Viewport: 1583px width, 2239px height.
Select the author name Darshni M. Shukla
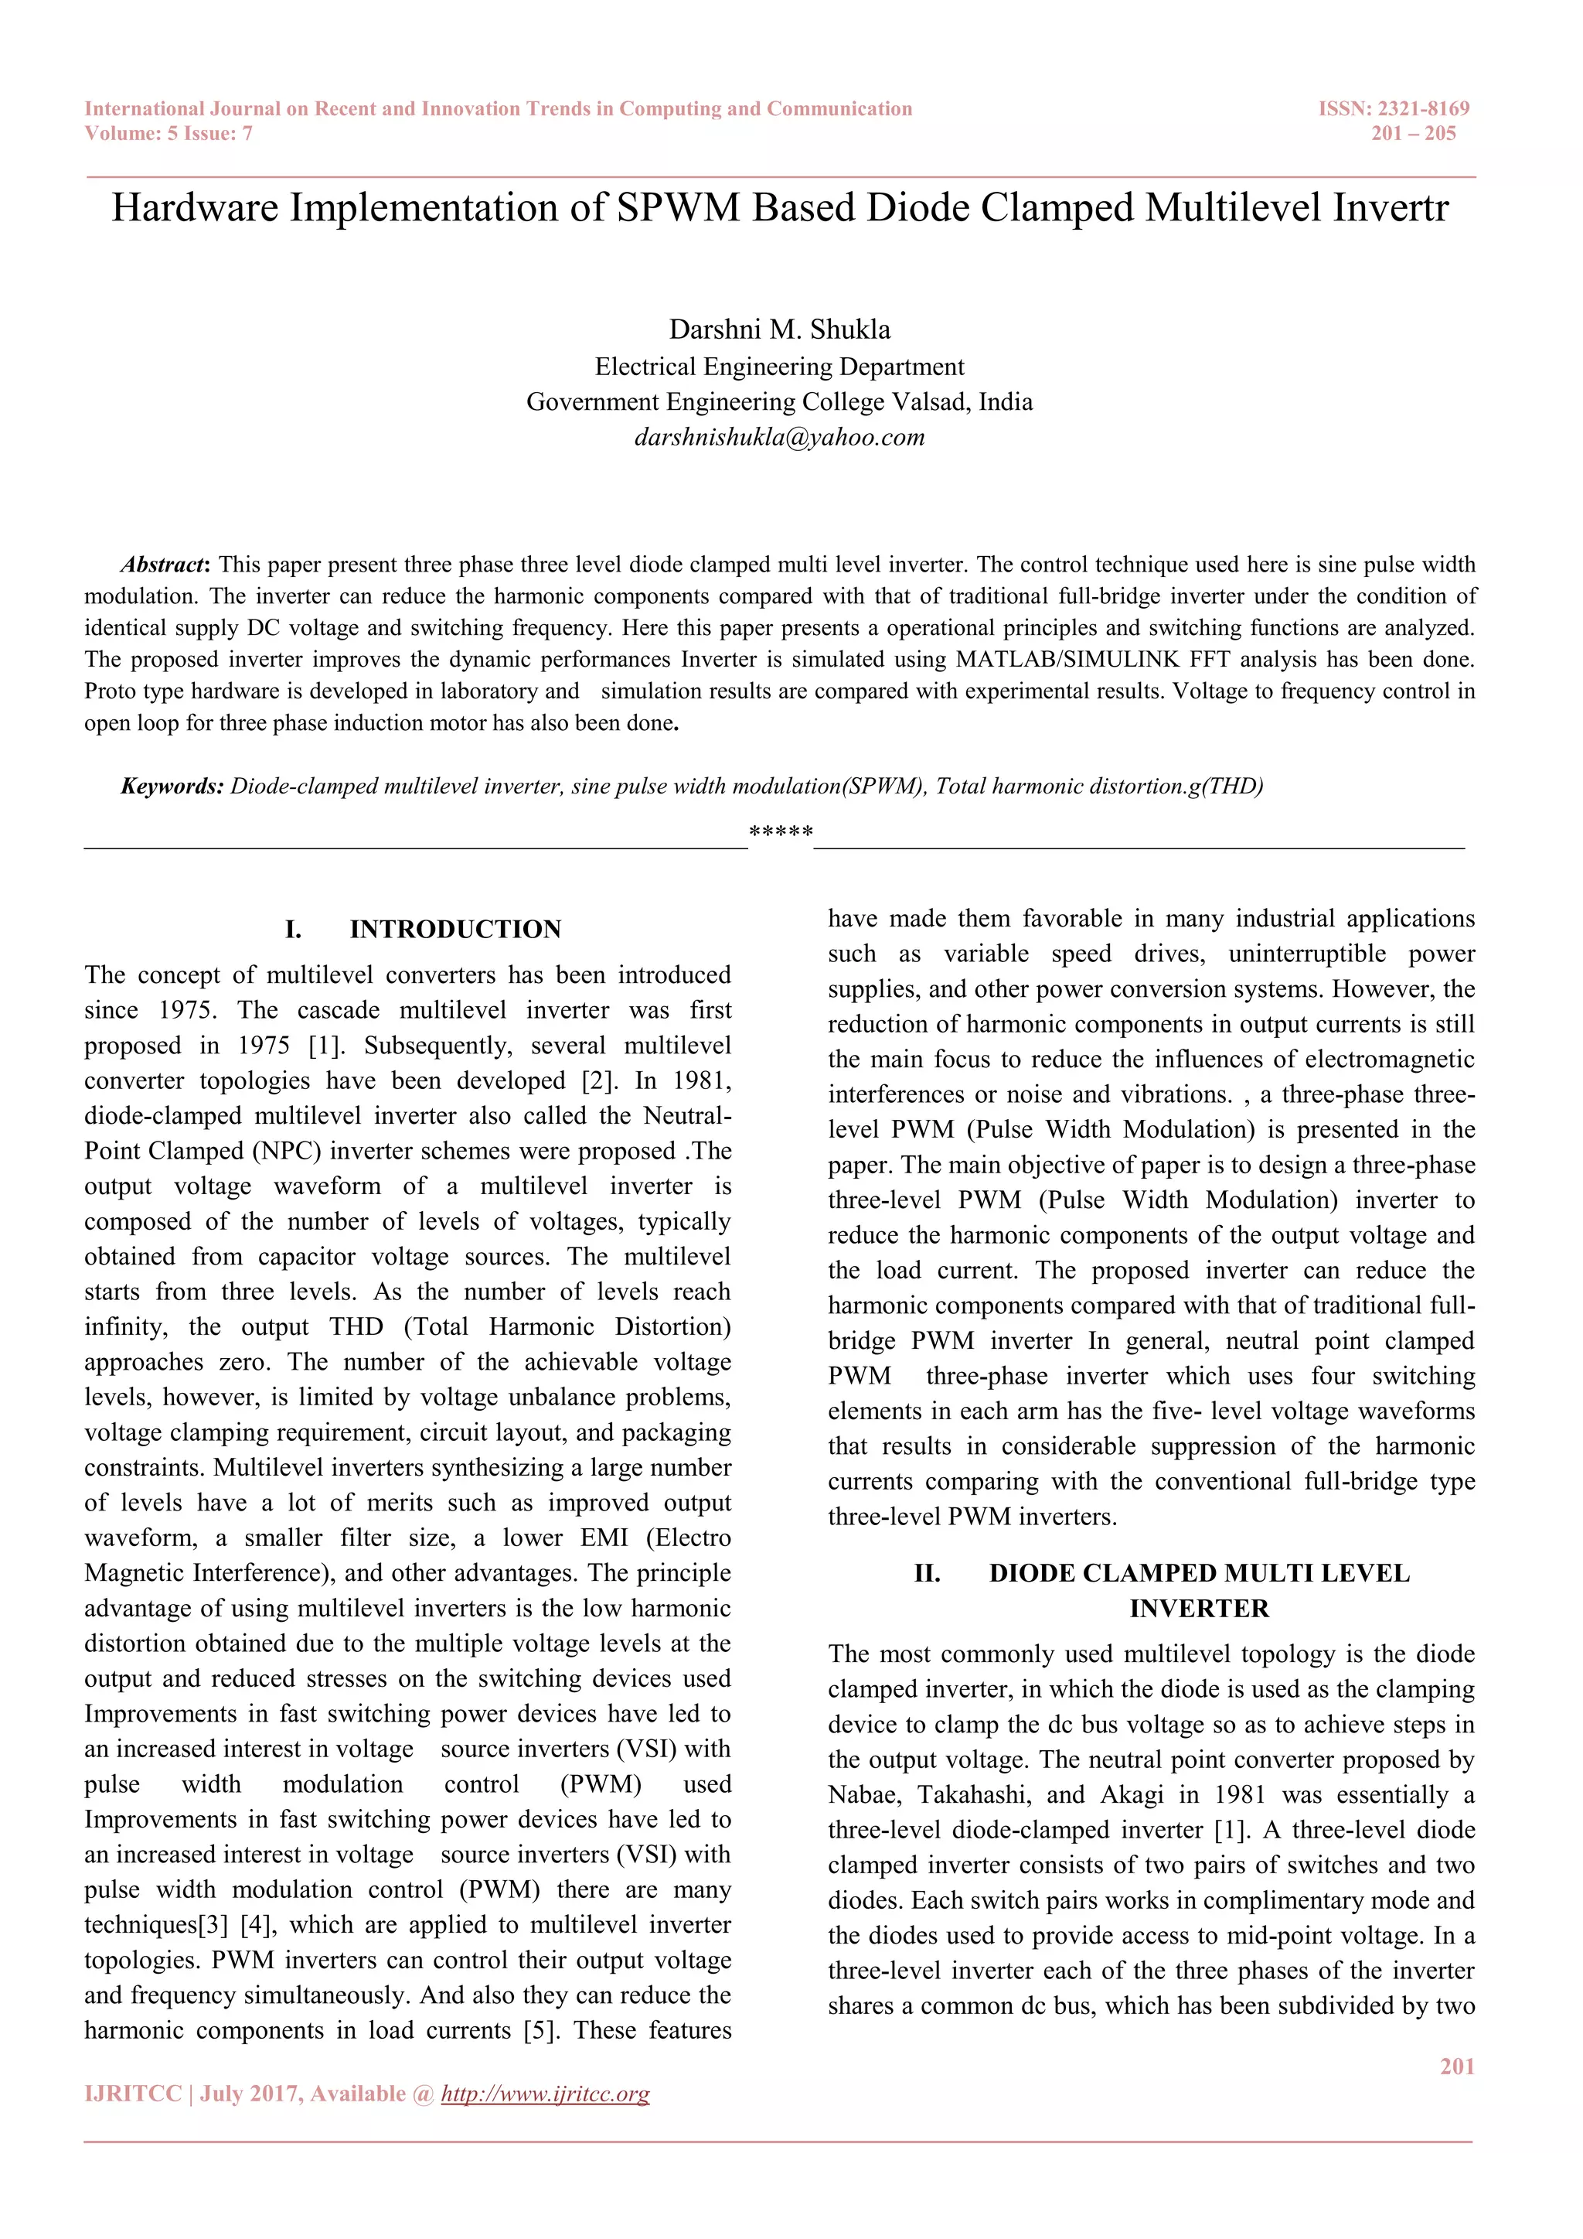[779, 329]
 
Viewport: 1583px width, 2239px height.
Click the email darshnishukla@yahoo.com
[779, 437]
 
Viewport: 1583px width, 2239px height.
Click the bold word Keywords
[172, 786]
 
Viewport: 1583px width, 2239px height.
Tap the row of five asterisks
[781, 833]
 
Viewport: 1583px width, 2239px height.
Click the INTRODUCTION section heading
[455, 930]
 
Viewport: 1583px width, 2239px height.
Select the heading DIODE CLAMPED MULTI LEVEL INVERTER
[1199, 1573]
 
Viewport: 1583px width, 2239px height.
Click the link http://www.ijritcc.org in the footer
[545, 2094]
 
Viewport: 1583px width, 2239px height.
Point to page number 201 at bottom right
[1456, 2067]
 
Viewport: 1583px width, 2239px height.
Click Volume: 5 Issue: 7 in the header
[169, 134]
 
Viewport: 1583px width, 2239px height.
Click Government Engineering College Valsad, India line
[779, 401]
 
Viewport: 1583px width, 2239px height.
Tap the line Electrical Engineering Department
[779, 367]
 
